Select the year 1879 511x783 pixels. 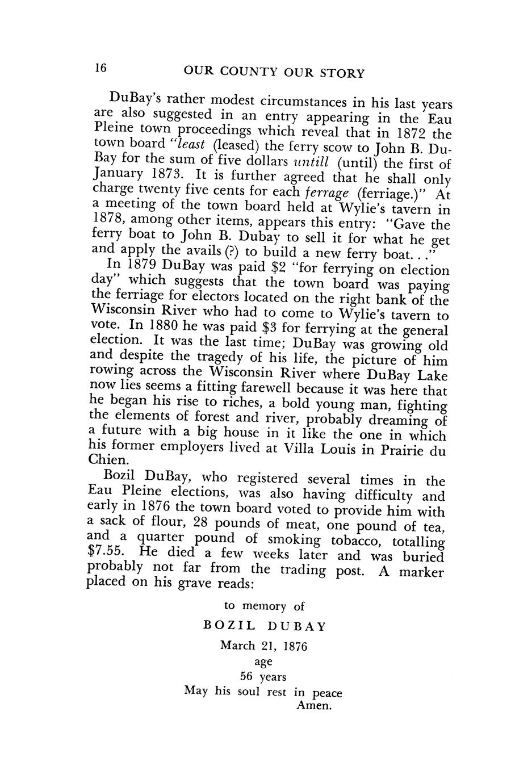[141, 265]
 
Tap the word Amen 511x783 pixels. [313, 706]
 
